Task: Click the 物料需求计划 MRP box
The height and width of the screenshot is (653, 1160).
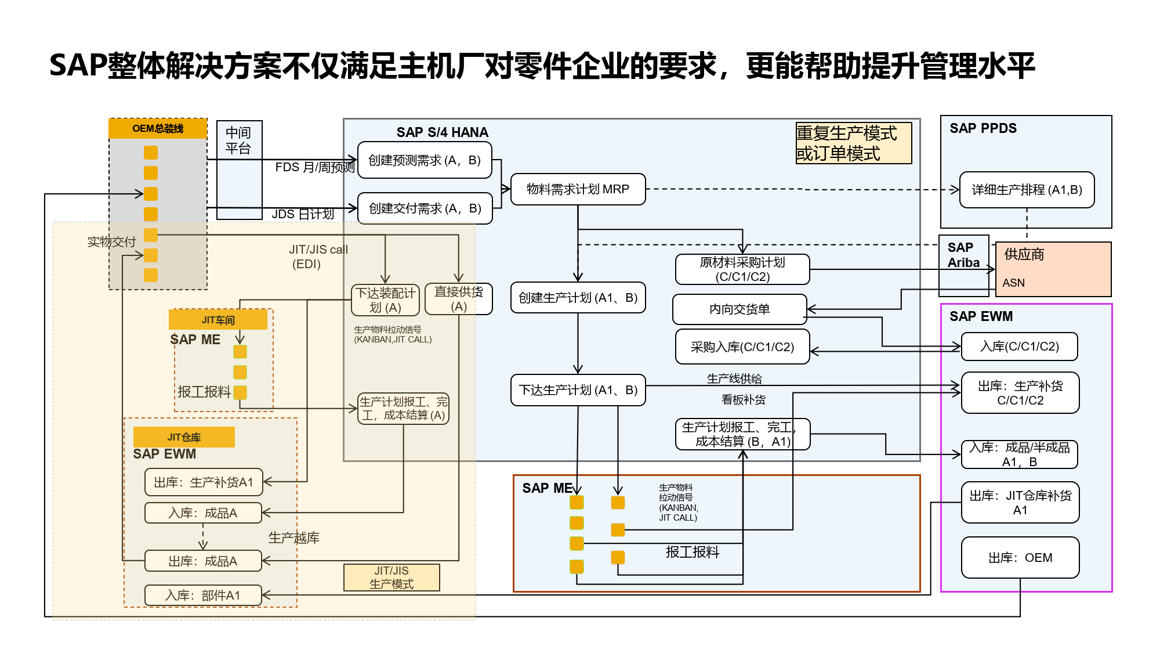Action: coord(578,189)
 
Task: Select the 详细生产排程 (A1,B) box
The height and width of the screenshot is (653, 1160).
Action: coord(1027,190)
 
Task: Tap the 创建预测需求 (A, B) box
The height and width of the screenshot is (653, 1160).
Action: coord(425,160)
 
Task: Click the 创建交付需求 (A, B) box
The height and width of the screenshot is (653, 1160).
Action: coord(425,208)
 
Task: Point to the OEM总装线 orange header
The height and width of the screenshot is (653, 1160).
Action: coord(158,129)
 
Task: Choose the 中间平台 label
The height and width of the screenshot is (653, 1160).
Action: coord(238,140)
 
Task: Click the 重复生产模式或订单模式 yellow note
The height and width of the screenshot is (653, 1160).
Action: coord(853,143)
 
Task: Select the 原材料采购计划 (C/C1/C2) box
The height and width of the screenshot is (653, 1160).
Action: coord(742,269)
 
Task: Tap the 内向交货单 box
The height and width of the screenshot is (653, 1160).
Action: coord(739,309)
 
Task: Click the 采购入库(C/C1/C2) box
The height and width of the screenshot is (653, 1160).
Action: coord(742,347)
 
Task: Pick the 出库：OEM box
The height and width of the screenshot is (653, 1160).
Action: coord(1020,558)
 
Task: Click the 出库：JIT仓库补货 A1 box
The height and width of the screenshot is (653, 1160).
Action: coord(1020,503)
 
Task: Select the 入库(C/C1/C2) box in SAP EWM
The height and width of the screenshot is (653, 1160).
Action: coord(1019,347)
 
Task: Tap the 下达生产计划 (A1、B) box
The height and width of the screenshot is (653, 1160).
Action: coord(578,390)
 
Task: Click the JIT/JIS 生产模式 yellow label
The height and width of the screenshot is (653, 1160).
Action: coord(391,578)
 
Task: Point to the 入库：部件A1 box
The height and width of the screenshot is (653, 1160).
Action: coord(203,596)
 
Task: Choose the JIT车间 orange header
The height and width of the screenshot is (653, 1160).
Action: coord(218,320)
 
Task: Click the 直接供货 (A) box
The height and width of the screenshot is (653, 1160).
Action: coord(458,299)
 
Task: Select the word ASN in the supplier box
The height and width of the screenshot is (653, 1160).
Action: coord(1013,283)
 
